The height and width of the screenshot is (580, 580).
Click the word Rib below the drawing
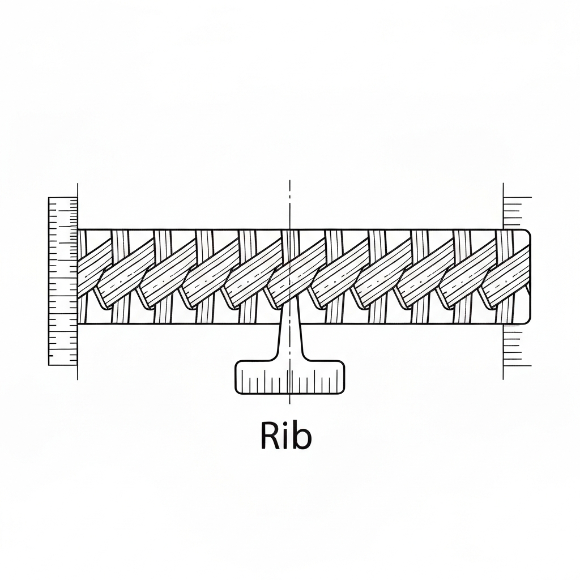286,436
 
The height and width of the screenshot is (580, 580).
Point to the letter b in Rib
302,436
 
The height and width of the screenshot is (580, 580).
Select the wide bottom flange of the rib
289,377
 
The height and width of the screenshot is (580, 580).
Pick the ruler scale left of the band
63,281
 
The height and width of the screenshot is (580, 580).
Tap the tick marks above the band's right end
517,212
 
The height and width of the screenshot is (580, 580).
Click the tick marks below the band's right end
517,346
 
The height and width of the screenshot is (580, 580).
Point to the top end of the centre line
290,181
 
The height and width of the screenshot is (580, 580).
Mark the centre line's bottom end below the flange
290,403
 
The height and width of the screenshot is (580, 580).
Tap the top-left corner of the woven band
78,229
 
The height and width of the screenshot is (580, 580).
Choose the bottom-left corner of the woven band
78,324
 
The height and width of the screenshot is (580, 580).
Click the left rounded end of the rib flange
237,377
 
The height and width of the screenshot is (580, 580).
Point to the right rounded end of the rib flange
342,377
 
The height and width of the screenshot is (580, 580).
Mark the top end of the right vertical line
504,184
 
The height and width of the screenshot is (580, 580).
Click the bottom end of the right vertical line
504,379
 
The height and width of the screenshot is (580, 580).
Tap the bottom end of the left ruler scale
63,365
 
